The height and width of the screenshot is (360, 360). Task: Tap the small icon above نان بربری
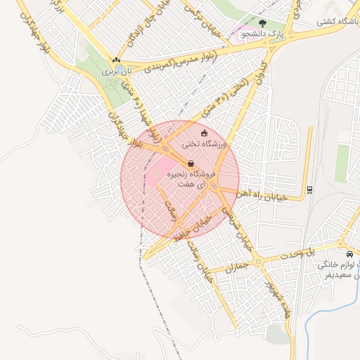coord(116,60)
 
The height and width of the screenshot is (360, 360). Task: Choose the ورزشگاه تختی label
coord(203,144)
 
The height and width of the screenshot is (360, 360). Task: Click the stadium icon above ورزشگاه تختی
coord(205,133)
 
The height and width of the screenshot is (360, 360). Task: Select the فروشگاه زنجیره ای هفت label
coord(191,178)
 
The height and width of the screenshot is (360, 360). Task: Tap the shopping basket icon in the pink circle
coord(191,164)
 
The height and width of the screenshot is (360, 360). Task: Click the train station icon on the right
coord(310,189)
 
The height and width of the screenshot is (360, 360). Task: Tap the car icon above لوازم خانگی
coord(349,254)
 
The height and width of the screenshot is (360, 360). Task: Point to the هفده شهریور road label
coord(278,297)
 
